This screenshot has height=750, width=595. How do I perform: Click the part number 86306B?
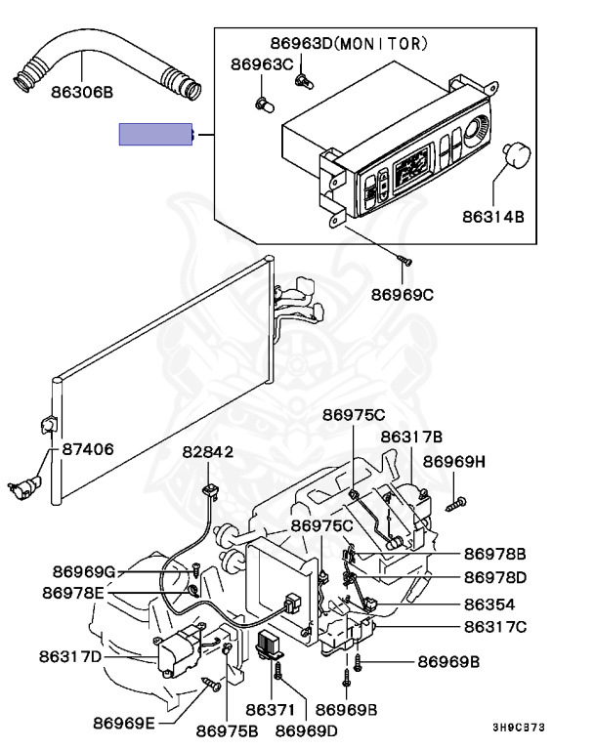pos(82,92)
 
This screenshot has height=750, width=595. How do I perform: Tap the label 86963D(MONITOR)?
pos(349,44)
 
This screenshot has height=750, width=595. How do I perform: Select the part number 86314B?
pos(493,217)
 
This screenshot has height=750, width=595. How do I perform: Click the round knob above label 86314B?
pos(517,155)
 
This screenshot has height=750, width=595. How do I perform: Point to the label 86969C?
pos(403,295)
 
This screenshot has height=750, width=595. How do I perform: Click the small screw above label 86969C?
pos(404,261)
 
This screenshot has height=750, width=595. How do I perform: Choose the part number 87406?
pos(88,449)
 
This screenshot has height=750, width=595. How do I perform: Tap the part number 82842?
pos(208,452)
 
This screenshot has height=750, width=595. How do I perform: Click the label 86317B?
pos(411,437)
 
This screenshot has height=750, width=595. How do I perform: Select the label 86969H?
pos(454,462)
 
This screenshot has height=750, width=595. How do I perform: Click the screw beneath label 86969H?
pos(456,504)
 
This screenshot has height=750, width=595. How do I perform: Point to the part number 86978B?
pos(495,554)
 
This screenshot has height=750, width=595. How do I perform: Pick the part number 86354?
pos(489,604)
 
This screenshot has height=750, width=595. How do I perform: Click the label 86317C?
pos(495,627)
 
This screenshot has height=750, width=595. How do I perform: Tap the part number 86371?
pos(270,710)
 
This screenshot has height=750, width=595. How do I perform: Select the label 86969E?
pos(124,724)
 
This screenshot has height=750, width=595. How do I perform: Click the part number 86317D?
pos(70,656)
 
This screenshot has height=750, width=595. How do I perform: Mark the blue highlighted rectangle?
pos(155,135)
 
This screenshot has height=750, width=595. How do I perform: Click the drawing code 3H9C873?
pos(519,728)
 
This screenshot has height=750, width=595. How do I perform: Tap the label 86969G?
pos(84,571)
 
